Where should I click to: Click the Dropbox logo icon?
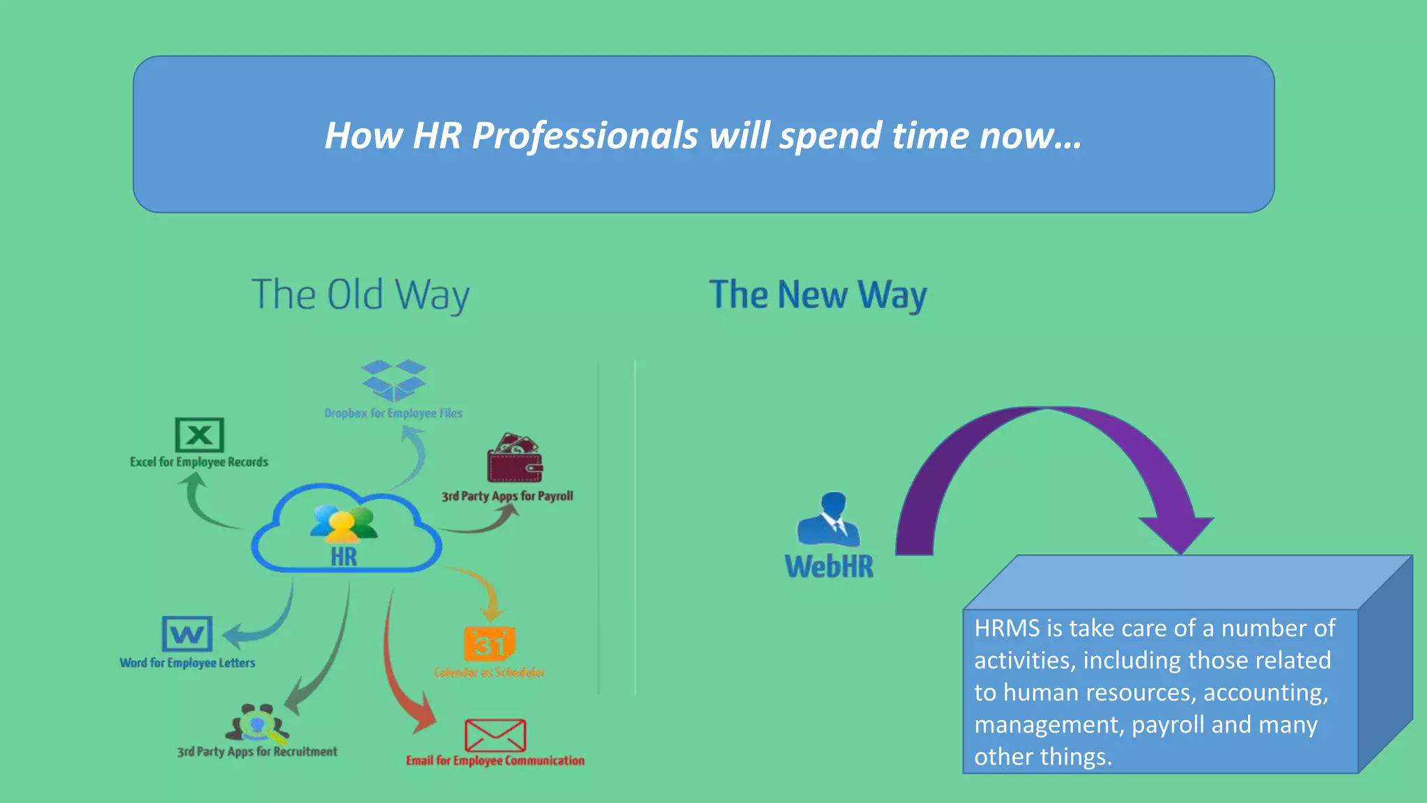click(394, 380)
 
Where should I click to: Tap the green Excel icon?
click(199, 435)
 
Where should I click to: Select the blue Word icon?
click(187, 634)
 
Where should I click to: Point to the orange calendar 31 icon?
click(489, 643)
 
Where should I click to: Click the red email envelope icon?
click(495, 736)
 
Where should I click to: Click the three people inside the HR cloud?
click(344, 524)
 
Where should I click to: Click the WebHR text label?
click(829, 567)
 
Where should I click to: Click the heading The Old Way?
click(360, 295)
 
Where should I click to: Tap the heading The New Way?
click(818, 295)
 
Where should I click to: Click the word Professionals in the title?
click(585, 135)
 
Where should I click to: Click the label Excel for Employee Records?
click(199, 462)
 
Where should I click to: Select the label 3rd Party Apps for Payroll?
click(507, 496)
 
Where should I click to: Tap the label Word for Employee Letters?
click(187, 663)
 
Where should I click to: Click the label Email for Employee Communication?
click(495, 760)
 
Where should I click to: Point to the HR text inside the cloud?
click(344, 557)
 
